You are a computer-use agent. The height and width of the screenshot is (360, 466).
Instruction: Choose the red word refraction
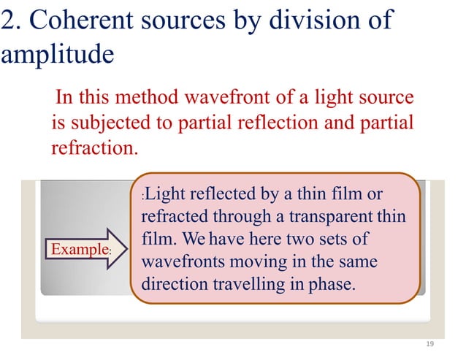pyautogui.click(x=93, y=147)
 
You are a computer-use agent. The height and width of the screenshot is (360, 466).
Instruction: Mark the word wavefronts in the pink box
pyautogui.click(x=178, y=261)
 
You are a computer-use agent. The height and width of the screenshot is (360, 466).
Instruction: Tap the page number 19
pyautogui.click(x=429, y=343)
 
